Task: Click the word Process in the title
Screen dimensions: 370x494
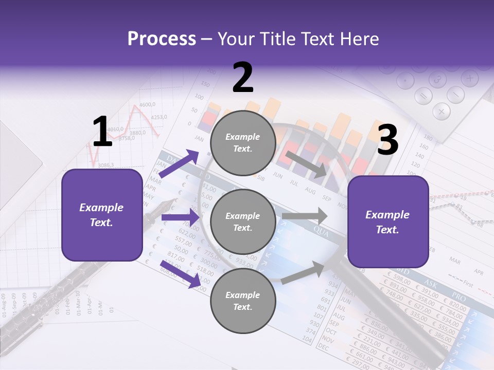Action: (x=162, y=39)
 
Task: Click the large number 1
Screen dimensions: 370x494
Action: (x=102, y=132)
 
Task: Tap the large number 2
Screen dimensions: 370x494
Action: (x=243, y=78)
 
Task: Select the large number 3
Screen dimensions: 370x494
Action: (x=387, y=140)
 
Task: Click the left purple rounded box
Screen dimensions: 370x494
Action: (x=102, y=215)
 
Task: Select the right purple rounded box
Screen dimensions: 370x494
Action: (x=388, y=222)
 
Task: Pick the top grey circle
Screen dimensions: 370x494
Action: (x=243, y=143)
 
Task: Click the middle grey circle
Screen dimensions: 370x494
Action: (x=243, y=222)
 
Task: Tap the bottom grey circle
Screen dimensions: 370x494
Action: (x=243, y=301)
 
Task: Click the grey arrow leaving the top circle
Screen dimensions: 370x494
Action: (x=307, y=164)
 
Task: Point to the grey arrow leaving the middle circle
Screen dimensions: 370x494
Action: (x=305, y=216)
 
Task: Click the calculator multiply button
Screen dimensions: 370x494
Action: (x=441, y=110)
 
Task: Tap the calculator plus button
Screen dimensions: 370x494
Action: (x=469, y=79)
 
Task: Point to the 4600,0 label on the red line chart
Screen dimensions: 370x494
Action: (x=147, y=105)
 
